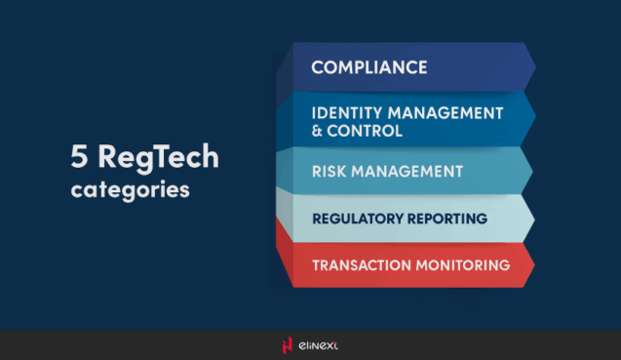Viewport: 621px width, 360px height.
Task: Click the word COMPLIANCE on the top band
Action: (x=369, y=67)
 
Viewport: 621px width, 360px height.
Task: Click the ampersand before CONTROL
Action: (x=318, y=131)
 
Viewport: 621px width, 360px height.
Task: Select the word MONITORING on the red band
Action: (x=468, y=264)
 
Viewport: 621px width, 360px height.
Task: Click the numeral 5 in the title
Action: (x=79, y=157)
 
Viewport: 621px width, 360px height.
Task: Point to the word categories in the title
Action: (x=130, y=188)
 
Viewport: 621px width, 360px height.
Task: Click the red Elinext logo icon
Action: (x=287, y=344)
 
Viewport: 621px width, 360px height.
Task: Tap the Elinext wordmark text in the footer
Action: (x=319, y=344)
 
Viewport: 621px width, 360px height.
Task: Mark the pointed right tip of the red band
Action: (x=534, y=265)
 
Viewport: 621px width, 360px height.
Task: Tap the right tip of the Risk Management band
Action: (x=533, y=172)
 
